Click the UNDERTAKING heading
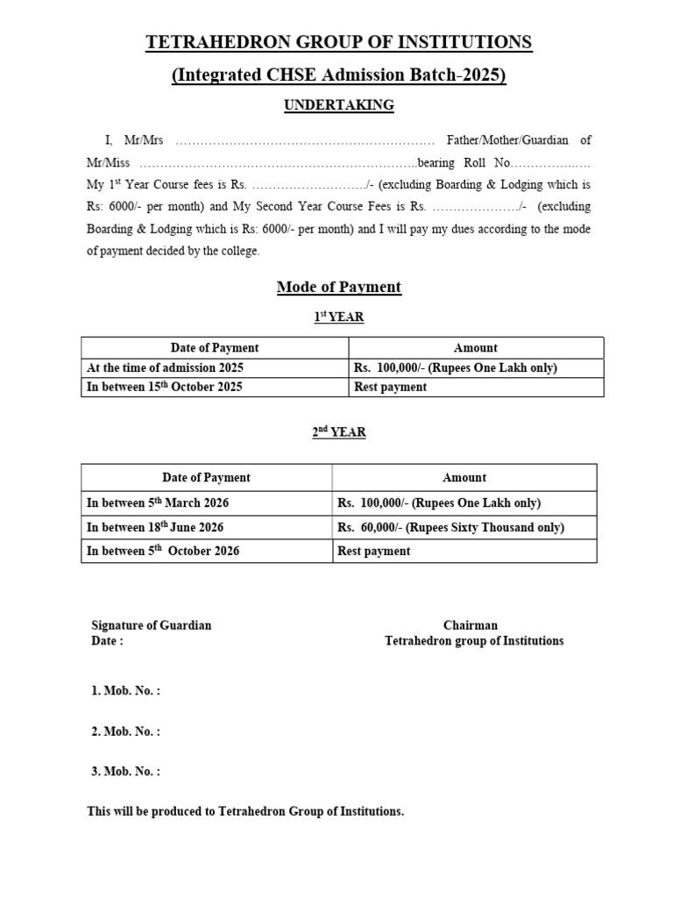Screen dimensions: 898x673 [x=338, y=105]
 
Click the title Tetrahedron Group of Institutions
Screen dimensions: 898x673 [x=338, y=42]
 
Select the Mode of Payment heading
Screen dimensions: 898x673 [x=338, y=287]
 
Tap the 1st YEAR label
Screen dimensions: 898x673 [x=339, y=317]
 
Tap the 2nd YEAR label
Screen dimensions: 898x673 [x=339, y=432]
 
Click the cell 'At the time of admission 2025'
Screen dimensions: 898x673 [x=165, y=367]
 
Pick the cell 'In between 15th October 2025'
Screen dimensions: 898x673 [x=164, y=387]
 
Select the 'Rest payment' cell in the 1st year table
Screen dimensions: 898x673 [x=391, y=387]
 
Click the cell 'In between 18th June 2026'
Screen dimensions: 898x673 [x=155, y=527]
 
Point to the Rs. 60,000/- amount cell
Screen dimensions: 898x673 [x=450, y=527]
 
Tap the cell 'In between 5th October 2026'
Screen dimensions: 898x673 [x=163, y=551]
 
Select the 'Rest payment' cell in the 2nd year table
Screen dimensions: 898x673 [x=373, y=551]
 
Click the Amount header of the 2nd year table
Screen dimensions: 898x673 [x=464, y=478]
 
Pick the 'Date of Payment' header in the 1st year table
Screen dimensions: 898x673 [x=215, y=348]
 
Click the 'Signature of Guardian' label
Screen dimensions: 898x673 [x=152, y=625]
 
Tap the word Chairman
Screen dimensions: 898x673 [x=471, y=625]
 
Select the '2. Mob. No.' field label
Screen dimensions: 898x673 [x=126, y=731]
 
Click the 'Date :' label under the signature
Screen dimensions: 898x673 [x=108, y=640]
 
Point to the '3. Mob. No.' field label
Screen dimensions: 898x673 [x=126, y=772]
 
